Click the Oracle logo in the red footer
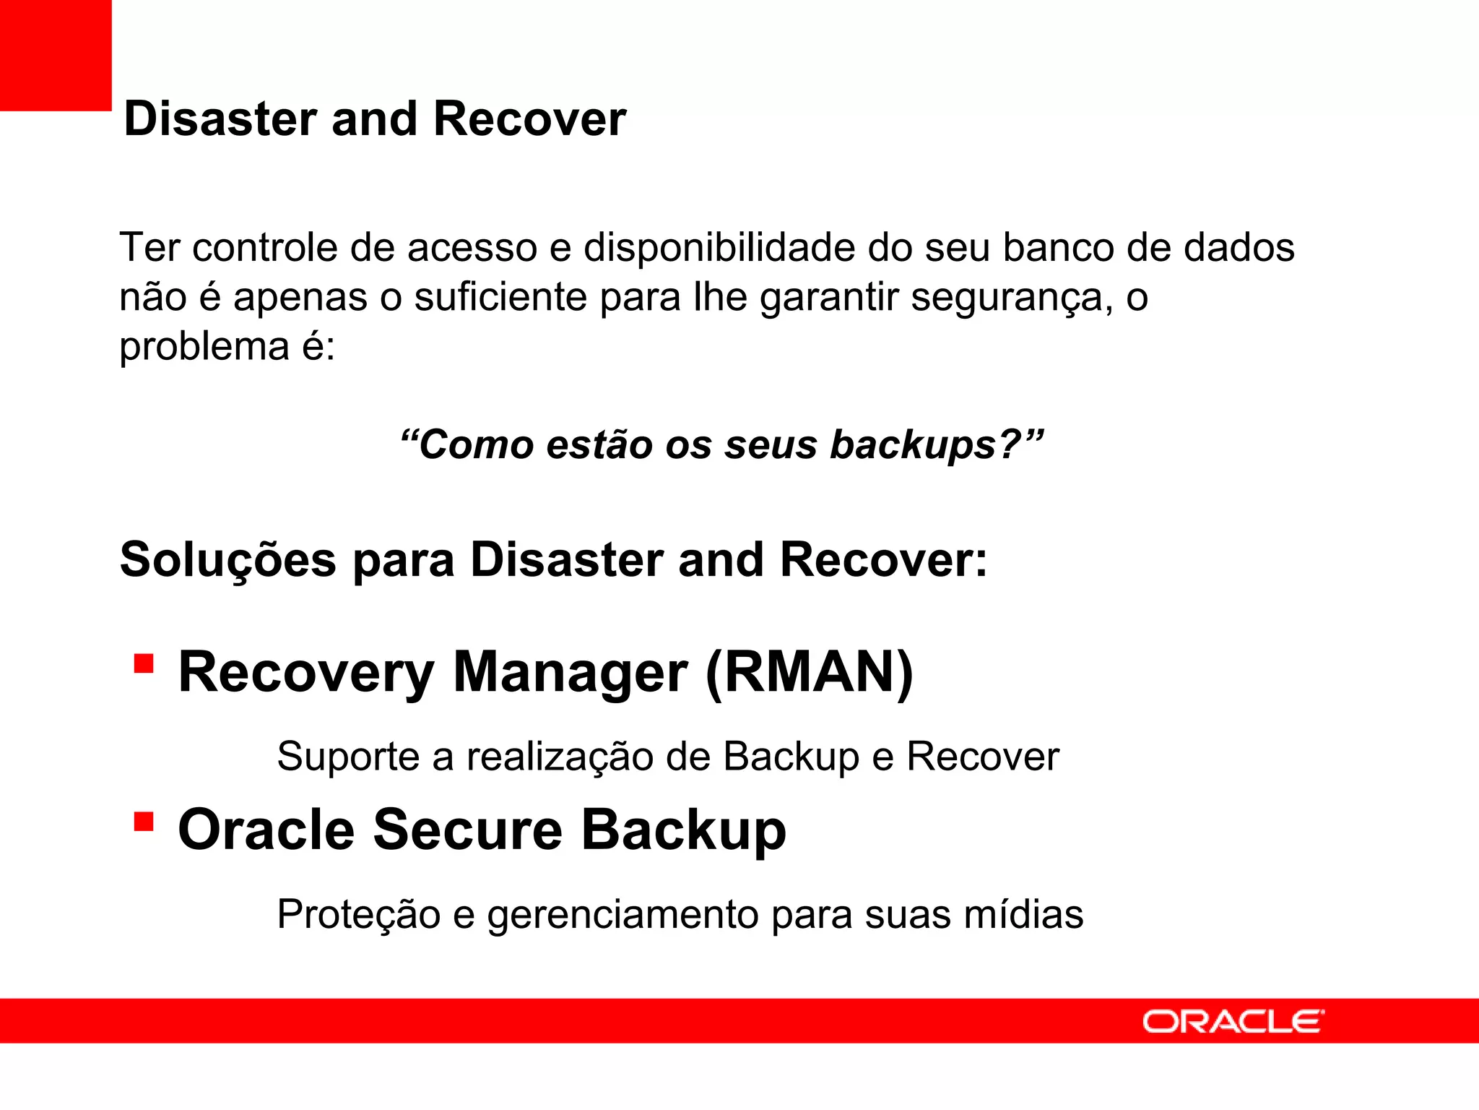[1233, 1022]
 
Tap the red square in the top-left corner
[56, 55]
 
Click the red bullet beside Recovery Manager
[144, 663]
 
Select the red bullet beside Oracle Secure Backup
[144, 822]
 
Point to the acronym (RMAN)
[809, 673]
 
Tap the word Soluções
[228, 560]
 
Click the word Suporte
[349, 757]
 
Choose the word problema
[204, 347]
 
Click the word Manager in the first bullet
[570, 673]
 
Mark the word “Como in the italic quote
[467, 444]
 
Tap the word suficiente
[500, 298]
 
